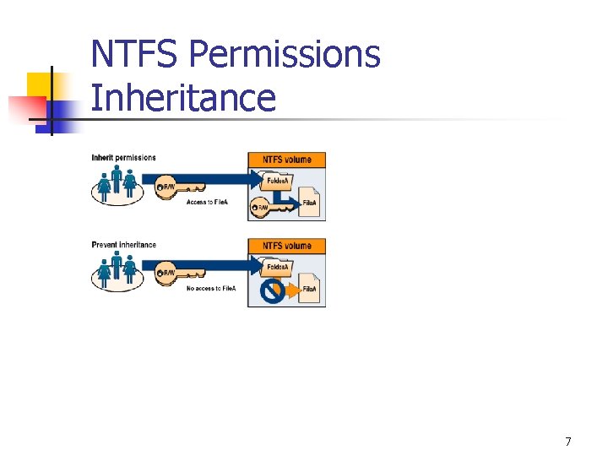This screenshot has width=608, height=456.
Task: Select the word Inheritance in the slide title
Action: coord(182,97)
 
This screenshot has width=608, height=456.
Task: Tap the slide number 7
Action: coord(568,441)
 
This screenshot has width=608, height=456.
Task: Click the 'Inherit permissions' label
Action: coord(124,158)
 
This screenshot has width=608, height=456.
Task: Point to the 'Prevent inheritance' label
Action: coord(124,245)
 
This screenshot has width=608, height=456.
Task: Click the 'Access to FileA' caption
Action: coord(210,203)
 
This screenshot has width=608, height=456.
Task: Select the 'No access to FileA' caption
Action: coord(211,289)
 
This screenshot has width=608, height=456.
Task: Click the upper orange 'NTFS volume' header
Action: coord(286,160)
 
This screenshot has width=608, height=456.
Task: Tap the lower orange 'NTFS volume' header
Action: coord(286,246)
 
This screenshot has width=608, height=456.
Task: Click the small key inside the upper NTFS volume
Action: coord(264,206)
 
